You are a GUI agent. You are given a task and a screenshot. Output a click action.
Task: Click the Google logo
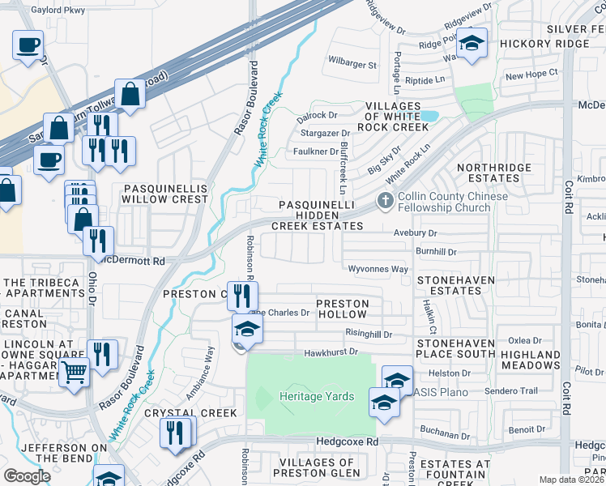(27, 476)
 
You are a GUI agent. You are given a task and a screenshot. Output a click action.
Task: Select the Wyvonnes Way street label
(378, 269)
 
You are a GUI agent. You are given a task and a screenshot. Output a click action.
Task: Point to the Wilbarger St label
(352, 63)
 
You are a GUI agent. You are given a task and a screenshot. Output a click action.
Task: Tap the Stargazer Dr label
(323, 133)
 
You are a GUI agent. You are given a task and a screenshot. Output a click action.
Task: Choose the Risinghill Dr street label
(368, 334)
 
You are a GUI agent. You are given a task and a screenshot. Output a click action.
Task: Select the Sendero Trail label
(511, 390)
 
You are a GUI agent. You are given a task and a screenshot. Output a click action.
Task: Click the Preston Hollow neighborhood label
(342, 309)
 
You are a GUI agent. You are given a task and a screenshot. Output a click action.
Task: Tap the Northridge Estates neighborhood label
(493, 173)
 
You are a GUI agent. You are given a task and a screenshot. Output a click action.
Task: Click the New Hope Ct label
(531, 74)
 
